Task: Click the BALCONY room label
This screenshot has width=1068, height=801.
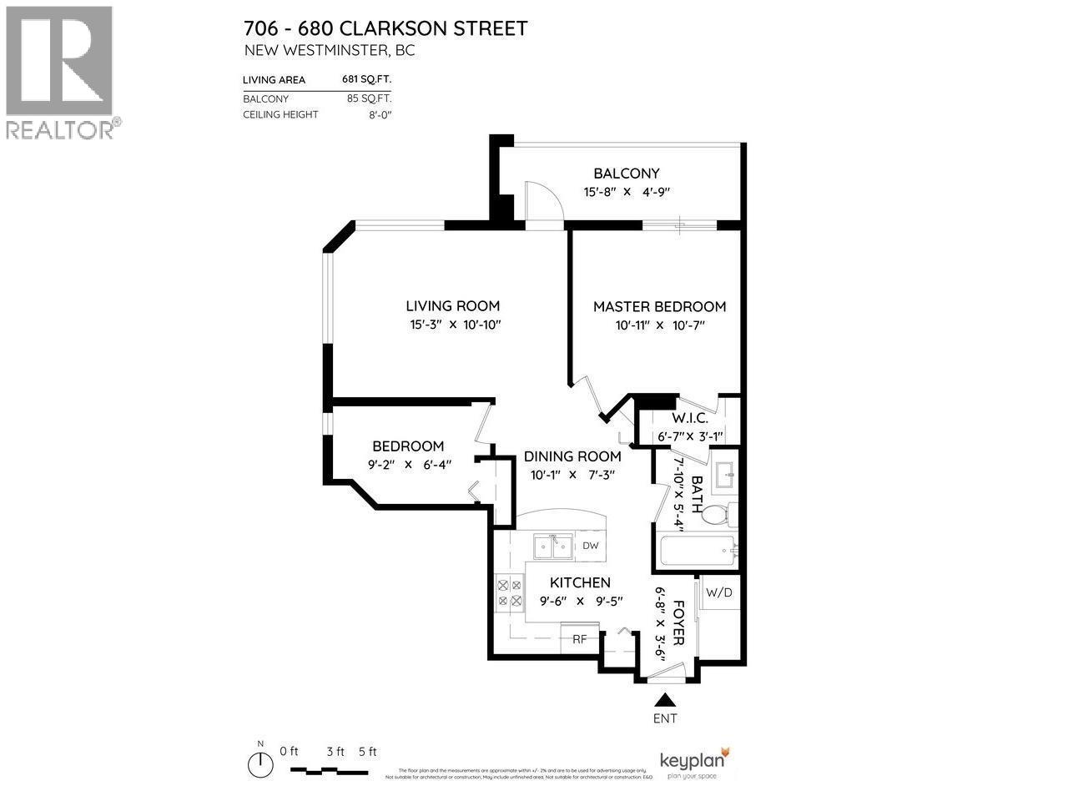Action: tap(626, 174)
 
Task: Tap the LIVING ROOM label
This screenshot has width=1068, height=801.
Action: tap(452, 306)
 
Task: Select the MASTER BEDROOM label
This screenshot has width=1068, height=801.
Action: tap(659, 306)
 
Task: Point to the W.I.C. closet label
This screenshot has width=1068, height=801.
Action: tap(690, 418)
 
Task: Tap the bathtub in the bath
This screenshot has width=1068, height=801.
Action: tap(697, 551)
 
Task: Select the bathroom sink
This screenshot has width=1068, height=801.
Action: tap(723, 476)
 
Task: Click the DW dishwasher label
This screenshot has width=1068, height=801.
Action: tap(591, 547)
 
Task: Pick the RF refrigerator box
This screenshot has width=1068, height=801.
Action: tap(579, 639)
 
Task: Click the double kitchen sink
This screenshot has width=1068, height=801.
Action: tap(552, 547)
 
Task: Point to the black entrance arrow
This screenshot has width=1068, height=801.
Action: tap(665, 699)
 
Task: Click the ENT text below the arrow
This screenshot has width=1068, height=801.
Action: tap(665, 718)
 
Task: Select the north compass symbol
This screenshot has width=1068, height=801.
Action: tap(261, 763)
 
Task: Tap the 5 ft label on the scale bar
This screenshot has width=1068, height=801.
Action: tap(368, 751)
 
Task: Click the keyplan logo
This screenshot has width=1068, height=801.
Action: tap(693, 763)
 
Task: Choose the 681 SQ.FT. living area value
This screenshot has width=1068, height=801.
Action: tap(366, 80)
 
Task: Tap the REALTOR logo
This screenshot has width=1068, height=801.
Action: tap(60, 71)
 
